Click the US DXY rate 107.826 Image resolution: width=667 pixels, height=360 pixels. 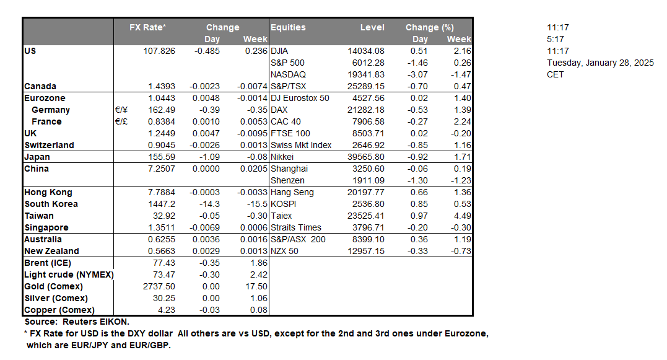point(159,51)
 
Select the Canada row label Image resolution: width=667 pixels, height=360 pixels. point(40,86)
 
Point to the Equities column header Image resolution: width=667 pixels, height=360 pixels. point(288,27)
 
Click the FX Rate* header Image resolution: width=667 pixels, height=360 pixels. point(147,27)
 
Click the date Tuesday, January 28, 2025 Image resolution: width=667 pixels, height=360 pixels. point(600,63)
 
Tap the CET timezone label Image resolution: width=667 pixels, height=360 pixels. point(555,74)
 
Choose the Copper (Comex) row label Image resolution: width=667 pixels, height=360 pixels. point(59,310)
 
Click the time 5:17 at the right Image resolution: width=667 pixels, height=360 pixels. point(555,39)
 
